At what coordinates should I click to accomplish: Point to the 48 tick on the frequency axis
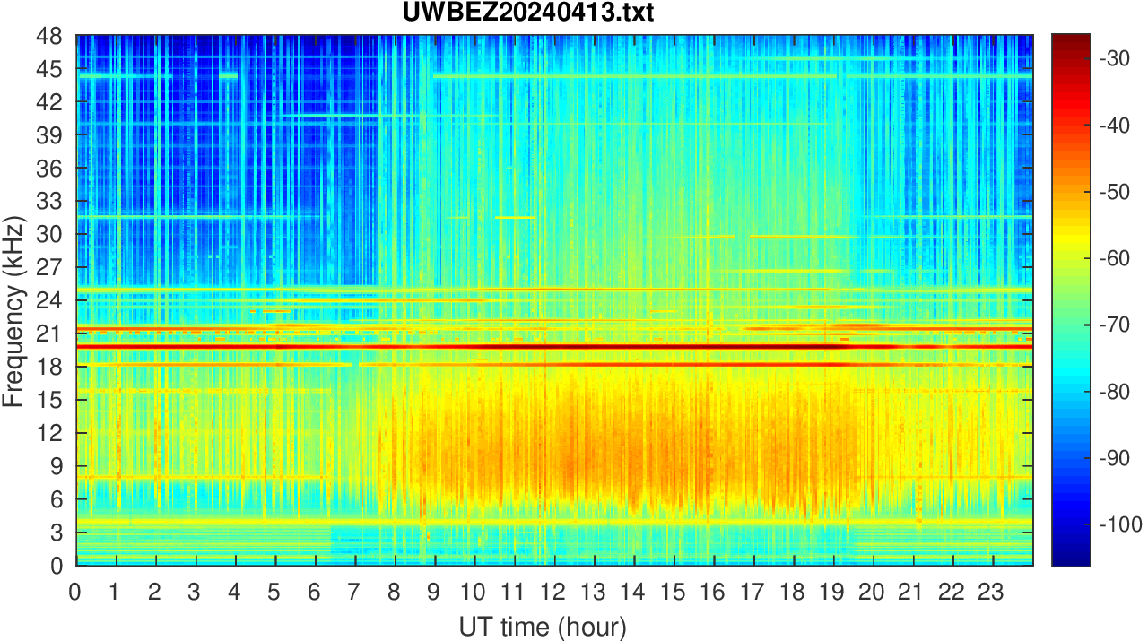pos(50,37)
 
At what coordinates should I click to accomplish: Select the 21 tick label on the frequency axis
pos(50,333)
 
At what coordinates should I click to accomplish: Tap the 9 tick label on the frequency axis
pos(57,466)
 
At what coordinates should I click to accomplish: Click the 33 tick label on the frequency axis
pos(50,202)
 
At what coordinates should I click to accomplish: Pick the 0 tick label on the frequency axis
pos(57,565)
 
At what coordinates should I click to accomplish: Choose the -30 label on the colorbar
pos(1117,58)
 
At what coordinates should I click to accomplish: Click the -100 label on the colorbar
pos(1120,524)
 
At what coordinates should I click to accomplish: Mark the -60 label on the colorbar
pos(1117,258)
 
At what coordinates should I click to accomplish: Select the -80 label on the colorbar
pos(1117,391)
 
